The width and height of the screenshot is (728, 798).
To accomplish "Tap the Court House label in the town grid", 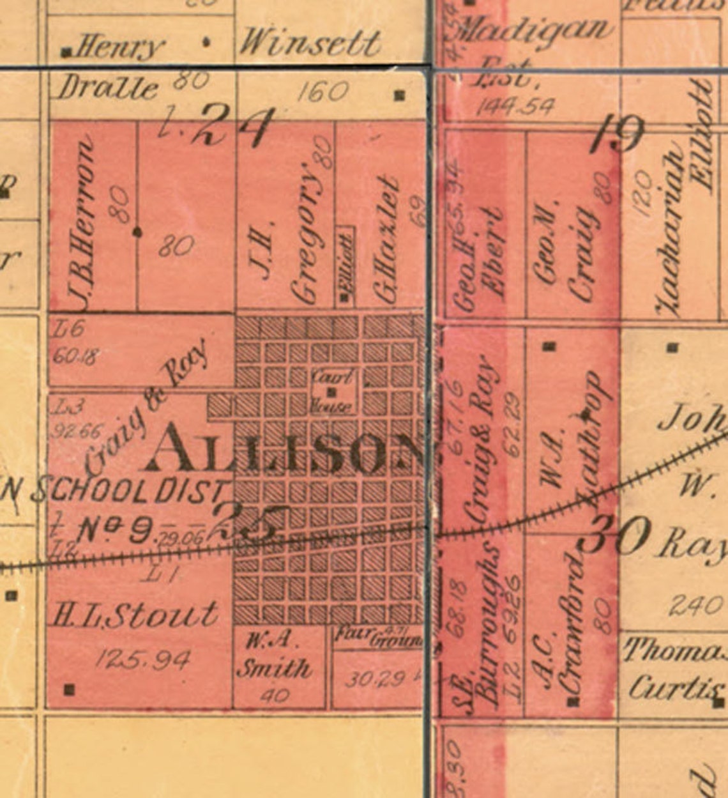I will click(x=331, y=391).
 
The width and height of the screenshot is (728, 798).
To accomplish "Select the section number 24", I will click(x=234, y=128).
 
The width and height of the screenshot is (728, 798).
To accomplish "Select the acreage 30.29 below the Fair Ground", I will click(x=375, y=679).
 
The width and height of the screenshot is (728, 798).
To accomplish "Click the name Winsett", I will click(x=310, y=43).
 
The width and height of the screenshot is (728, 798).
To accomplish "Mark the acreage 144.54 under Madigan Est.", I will click(x=515, y=106).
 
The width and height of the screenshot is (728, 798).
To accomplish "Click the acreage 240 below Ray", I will click(x=695, y=603).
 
